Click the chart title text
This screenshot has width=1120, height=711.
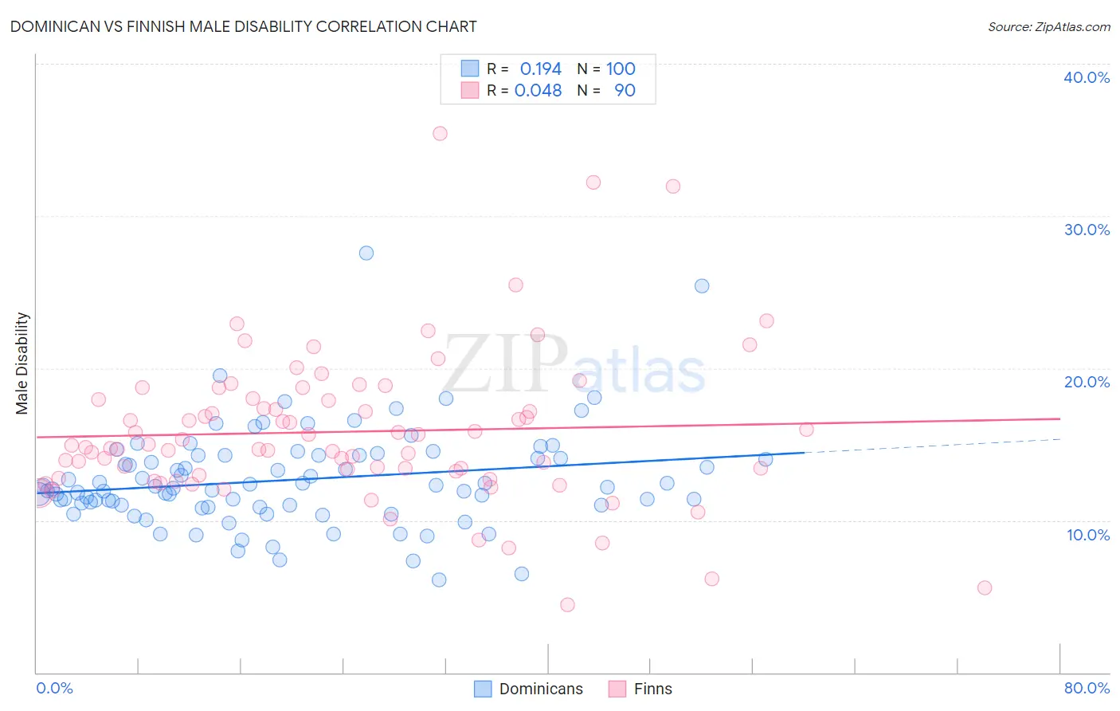pos(243,26)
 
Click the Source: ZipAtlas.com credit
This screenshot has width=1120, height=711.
pos(1048,26)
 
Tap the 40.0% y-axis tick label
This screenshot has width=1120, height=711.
pos(1087,77)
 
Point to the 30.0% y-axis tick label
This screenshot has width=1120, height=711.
pos(1087,230)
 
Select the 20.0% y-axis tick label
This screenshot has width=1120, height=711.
pos(1087,382)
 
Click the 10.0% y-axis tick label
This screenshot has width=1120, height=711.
pos(1087,535)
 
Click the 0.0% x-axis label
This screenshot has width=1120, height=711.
pos(54,688)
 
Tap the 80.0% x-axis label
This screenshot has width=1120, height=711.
pos(1087,688)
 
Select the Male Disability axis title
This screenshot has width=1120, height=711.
pos(22,363)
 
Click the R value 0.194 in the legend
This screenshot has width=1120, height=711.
pos(541,69)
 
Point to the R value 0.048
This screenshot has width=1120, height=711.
pos(538,90)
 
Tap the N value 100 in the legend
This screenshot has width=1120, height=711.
pos(621,69)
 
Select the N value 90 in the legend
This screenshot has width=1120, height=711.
pos(625,90)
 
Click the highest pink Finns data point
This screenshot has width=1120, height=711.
pos(440,133)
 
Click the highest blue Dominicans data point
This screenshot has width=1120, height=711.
pos(366,253)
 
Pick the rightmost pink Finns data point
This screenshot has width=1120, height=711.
pos(985,587)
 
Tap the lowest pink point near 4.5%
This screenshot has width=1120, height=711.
pos(567,604)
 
